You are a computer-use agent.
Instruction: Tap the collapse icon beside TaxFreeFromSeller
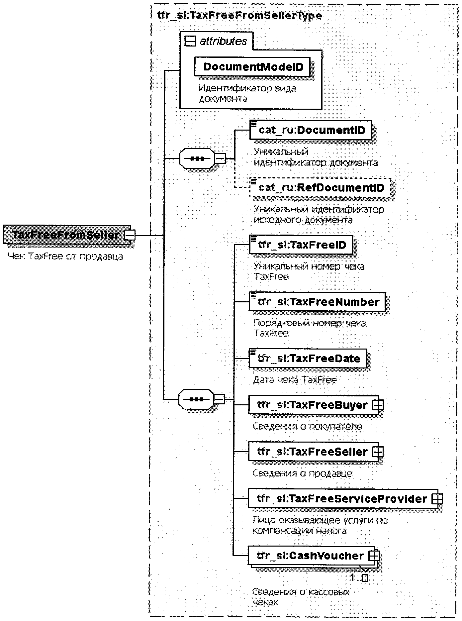coord(130,235)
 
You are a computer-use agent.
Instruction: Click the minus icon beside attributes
coord(190,41)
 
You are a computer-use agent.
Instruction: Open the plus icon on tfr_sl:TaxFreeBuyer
coord(378,405)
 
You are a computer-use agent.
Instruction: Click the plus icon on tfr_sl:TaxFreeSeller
coord(378,452)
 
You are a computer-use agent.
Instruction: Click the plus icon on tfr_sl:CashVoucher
coord(374,556)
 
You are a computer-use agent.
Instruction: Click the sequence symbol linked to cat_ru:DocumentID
coord(197,158)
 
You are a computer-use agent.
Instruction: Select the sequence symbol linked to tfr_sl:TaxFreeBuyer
coord(196,399)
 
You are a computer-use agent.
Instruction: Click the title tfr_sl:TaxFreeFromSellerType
coord(239,16)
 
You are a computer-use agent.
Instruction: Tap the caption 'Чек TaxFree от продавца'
coord(65,257)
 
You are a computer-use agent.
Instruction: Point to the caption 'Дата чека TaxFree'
coord(295,380)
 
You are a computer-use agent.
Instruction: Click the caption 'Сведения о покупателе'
coord(307,426)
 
